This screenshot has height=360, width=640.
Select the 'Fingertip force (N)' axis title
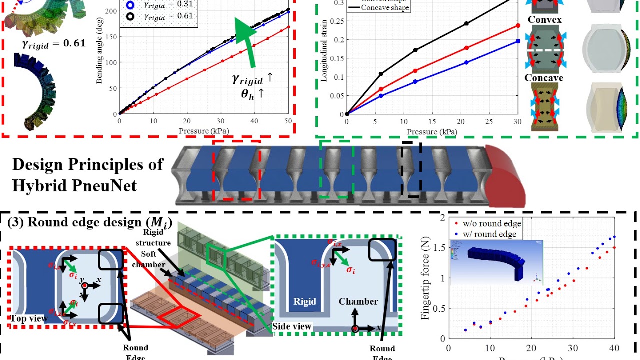[x=425, y=277]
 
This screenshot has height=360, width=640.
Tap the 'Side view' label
[x=293, y=326]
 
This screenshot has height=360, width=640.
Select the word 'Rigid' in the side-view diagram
[x=305, y=301]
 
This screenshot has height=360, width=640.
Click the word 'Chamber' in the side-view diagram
[x=358, y=301]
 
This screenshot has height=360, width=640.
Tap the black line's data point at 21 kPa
[x=466, y=23]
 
